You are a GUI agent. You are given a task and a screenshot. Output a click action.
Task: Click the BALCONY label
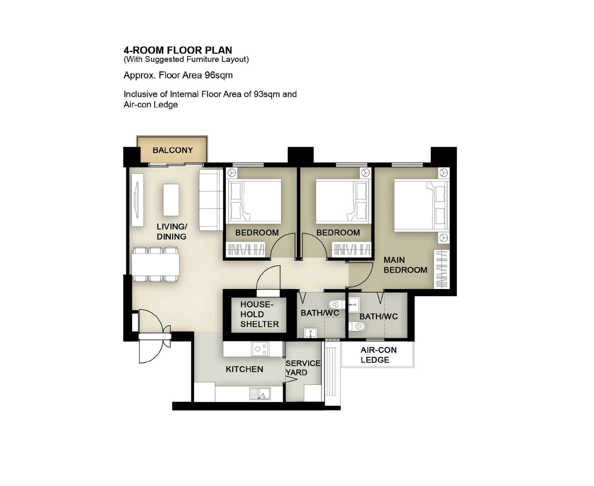pos(173,150)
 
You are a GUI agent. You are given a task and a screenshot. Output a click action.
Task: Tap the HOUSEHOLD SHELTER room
pos(259,315)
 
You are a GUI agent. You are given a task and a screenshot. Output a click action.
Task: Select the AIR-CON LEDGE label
pos(378,355)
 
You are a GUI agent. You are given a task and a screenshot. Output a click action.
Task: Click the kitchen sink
pos(260,394)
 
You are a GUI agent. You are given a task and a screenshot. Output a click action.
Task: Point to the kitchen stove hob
pos(260,349)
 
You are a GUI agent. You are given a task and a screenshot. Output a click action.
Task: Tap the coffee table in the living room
pos(171,200)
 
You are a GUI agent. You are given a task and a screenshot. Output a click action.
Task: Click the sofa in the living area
pos(209,200)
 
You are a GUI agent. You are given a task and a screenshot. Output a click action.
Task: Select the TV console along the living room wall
pos(137,200)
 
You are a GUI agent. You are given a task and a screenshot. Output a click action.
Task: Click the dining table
pos(155,265)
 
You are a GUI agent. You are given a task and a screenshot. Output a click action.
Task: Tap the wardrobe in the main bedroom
pos(441,269)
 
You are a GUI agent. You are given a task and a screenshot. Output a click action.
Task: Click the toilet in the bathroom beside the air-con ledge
pos(358,326)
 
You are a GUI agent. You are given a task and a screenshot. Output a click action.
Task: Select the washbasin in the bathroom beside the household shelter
pos(310,333)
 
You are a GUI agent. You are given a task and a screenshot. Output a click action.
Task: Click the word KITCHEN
pos(244,369)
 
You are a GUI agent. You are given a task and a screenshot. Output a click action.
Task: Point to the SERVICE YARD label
pos(303,368)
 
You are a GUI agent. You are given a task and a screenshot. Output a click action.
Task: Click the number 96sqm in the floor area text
pos(218,75)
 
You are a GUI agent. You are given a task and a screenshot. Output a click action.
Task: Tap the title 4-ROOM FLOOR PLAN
pos(178,50)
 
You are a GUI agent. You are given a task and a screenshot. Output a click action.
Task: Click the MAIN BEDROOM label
pos(405,265)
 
